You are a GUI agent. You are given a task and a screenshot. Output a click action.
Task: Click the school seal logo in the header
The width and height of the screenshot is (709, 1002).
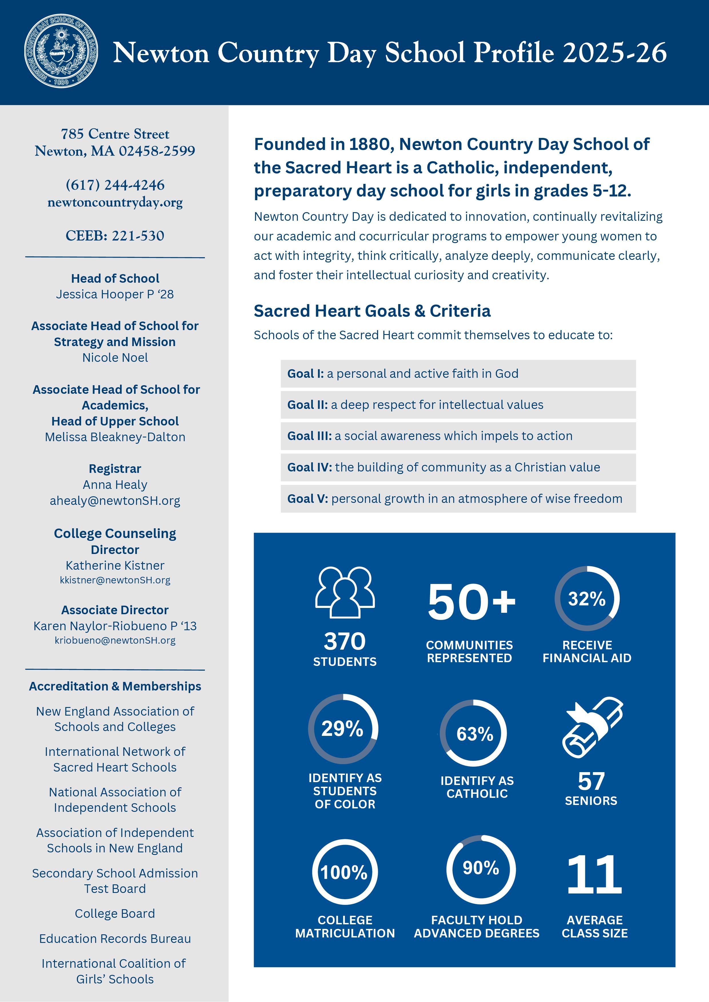pyautogui.click(x=61, y=51)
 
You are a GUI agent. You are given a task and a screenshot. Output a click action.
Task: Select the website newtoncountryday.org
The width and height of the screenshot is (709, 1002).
pyautogui.click(x=115, y=202)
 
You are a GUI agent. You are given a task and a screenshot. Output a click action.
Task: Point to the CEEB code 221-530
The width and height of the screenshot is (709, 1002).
pyautogui.click(x=115, y=236)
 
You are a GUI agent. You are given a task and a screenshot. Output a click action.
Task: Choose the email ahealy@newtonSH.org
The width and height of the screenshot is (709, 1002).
pyautogui.click(x=115, y=501)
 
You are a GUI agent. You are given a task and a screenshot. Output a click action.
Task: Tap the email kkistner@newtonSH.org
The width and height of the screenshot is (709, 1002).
pyautogui.click(x=115, y=580)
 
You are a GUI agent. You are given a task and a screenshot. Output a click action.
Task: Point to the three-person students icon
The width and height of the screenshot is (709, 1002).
pyautogui.click(x=345, y=592)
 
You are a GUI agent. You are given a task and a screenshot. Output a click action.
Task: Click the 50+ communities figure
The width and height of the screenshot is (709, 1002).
pyautogui.click(x=471, y=602)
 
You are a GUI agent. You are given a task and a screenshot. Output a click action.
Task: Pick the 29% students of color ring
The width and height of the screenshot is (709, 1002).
pyautogui.click(x=343, y=729)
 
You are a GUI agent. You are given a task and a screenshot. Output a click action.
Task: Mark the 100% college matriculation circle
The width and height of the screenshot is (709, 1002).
pyautogui.click(x=344, y=872)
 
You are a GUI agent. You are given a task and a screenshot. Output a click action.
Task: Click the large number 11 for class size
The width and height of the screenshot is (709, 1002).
pyautogui.click(x=594, y=875)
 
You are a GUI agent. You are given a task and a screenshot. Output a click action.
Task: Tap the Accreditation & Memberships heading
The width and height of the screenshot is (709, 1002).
pyautogui.click(x=115, y=686)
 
